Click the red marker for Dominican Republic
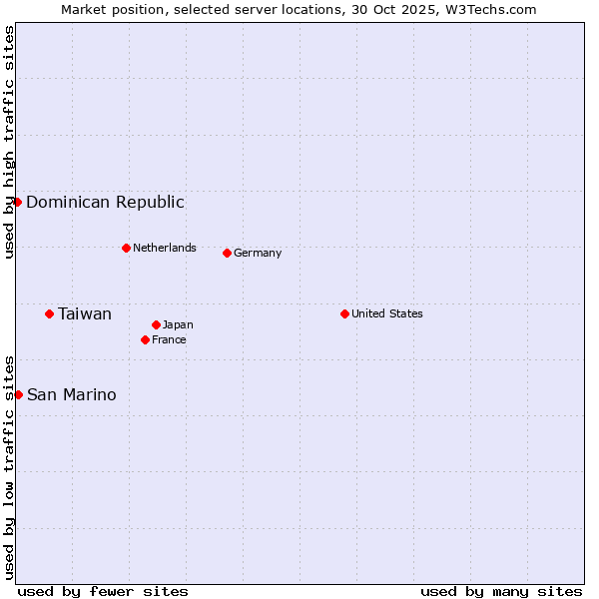coord(17,202)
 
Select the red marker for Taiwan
coord(49,313)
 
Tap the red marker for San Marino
coord(18,394)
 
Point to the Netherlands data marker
coord(126,248)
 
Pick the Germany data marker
coord(227,253)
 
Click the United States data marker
coord(344,313)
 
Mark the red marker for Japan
coord(157,324)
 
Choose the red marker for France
coord(145,339)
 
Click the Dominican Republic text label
coord(105,202)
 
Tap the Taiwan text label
coord(85,313)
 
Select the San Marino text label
coord(72,394)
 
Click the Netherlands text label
coord(165,248)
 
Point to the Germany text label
coord(258,253)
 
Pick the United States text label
coord(387,313)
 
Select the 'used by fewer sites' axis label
coord(103,591)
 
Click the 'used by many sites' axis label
coord(501,591)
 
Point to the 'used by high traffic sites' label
coord(9,142)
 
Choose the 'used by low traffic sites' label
coord(9,466)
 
